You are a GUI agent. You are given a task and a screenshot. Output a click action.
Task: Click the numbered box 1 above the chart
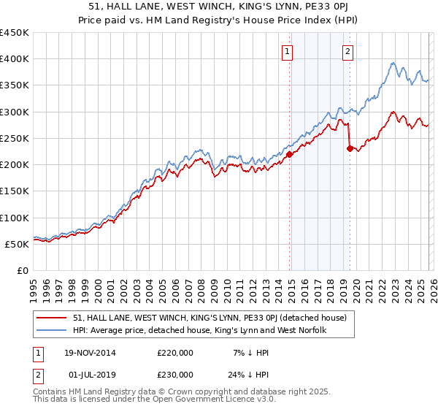coord(288,51)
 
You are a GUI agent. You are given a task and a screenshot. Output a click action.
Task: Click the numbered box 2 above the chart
coord(348,51)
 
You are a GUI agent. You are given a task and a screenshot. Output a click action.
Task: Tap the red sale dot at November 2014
coord(290,154)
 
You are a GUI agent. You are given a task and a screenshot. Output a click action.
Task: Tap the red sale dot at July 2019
coord(350,148)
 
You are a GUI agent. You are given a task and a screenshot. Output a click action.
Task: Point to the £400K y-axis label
coord(15,59)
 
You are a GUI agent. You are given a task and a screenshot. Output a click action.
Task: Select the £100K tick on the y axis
coord(15,218)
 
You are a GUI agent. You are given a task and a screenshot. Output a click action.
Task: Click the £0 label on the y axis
coord(23,270)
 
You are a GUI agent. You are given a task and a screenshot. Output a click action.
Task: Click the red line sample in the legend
coord(52,318)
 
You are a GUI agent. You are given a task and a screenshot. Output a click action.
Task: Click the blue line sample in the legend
coord(52,330)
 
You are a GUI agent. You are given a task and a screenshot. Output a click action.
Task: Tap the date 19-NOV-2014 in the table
coord(91,353)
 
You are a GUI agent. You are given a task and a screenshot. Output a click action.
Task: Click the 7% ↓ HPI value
coord(247,353)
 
